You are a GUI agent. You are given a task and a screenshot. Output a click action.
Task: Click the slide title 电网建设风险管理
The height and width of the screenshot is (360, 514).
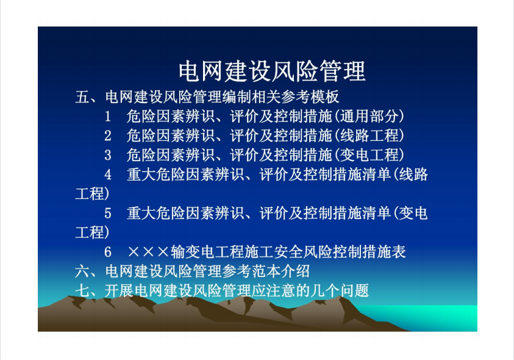(x=272, y=71)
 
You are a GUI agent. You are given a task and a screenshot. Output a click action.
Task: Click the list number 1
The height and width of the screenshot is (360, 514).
(x=107, y=117)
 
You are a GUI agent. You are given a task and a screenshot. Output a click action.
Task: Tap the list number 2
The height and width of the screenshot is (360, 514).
(x=108, y=136)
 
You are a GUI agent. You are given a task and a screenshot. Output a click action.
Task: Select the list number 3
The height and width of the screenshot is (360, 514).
(x=108, y=155)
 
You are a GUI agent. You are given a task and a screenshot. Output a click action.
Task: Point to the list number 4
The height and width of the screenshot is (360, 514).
(x=108, y=175)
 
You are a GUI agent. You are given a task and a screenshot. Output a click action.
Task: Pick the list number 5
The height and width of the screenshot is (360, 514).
(x=108, y=214)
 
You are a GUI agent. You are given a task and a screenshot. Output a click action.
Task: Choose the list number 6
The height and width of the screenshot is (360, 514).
(x=108, y=252)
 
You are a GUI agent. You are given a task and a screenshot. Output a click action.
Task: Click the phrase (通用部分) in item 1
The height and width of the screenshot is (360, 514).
(x=369, y=117)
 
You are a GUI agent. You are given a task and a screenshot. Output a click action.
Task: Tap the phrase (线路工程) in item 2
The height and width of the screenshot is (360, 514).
(x=369, y=136)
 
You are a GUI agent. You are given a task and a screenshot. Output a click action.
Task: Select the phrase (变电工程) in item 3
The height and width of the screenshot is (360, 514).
(x=369, y=155)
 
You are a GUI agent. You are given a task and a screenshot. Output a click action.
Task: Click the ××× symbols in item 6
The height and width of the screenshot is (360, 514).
(x=148, y=252)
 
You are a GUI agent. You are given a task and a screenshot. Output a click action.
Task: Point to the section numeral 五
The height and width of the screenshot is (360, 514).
(x=82, y=97)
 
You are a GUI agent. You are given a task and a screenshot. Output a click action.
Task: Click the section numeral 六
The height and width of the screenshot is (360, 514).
(x=82, y=272)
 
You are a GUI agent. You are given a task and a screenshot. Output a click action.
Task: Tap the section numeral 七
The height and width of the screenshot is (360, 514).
(x=82, y=291)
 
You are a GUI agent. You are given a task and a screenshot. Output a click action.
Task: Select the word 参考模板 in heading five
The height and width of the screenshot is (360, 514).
(x=310, y=97)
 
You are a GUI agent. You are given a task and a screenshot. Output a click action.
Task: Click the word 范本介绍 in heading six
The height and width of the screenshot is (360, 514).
(x=280, y=272)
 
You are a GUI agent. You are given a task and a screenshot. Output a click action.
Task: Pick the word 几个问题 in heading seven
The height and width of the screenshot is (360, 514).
(x=340, y=291)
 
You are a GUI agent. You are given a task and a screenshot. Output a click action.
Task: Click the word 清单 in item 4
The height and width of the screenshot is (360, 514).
(x=377, y=175)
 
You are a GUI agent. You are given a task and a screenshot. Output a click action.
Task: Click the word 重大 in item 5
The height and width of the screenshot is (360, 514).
(x=141, y=214)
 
